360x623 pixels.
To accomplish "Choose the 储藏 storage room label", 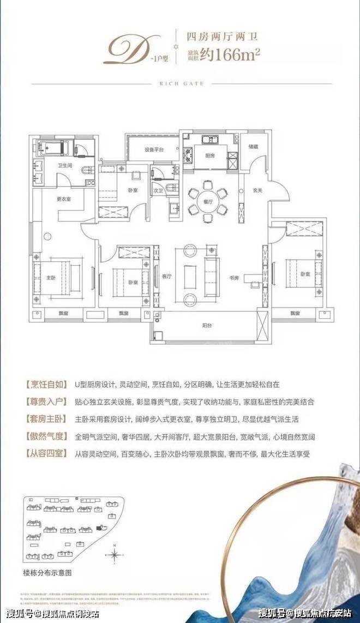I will pyautogui.click(x=253, y=146).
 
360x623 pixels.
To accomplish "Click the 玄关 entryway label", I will pyautogui.click(x=257, y=190).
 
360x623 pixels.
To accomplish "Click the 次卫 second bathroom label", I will pyautogui.click(x=159, y=191).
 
